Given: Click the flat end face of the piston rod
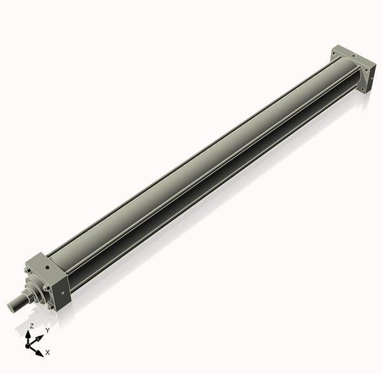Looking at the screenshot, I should (x=11, y=305).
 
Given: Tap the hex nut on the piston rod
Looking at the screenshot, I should (x=28, y=295).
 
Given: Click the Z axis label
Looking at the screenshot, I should (x=31, y=326).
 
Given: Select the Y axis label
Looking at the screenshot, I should (x=47, y=331).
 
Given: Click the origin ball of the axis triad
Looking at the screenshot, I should (x=29, y=344).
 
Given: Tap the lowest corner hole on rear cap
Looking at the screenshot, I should (x=363, y=90).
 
